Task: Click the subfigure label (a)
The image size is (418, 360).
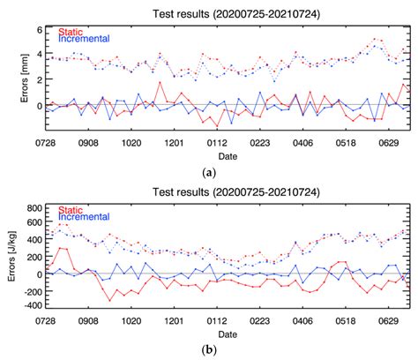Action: pyautogui.click(x=209, y=172)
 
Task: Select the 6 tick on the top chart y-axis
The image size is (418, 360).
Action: pyautogui.click(x=38, y=30)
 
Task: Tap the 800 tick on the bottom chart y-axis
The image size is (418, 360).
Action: pyautogui.click(x=33, y=207)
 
